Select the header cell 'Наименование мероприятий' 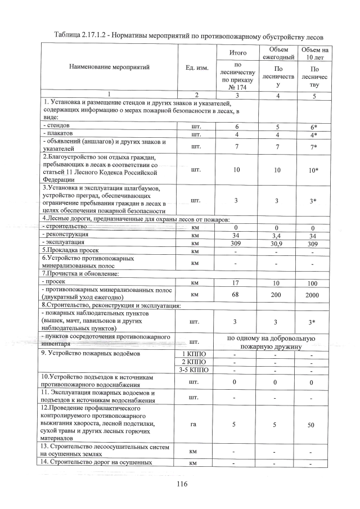point(106,67)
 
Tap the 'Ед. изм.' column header point(196,67)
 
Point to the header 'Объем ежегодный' point(278,53)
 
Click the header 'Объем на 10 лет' point(314,53)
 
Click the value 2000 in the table point(314,295)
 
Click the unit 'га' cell point(196,426)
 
